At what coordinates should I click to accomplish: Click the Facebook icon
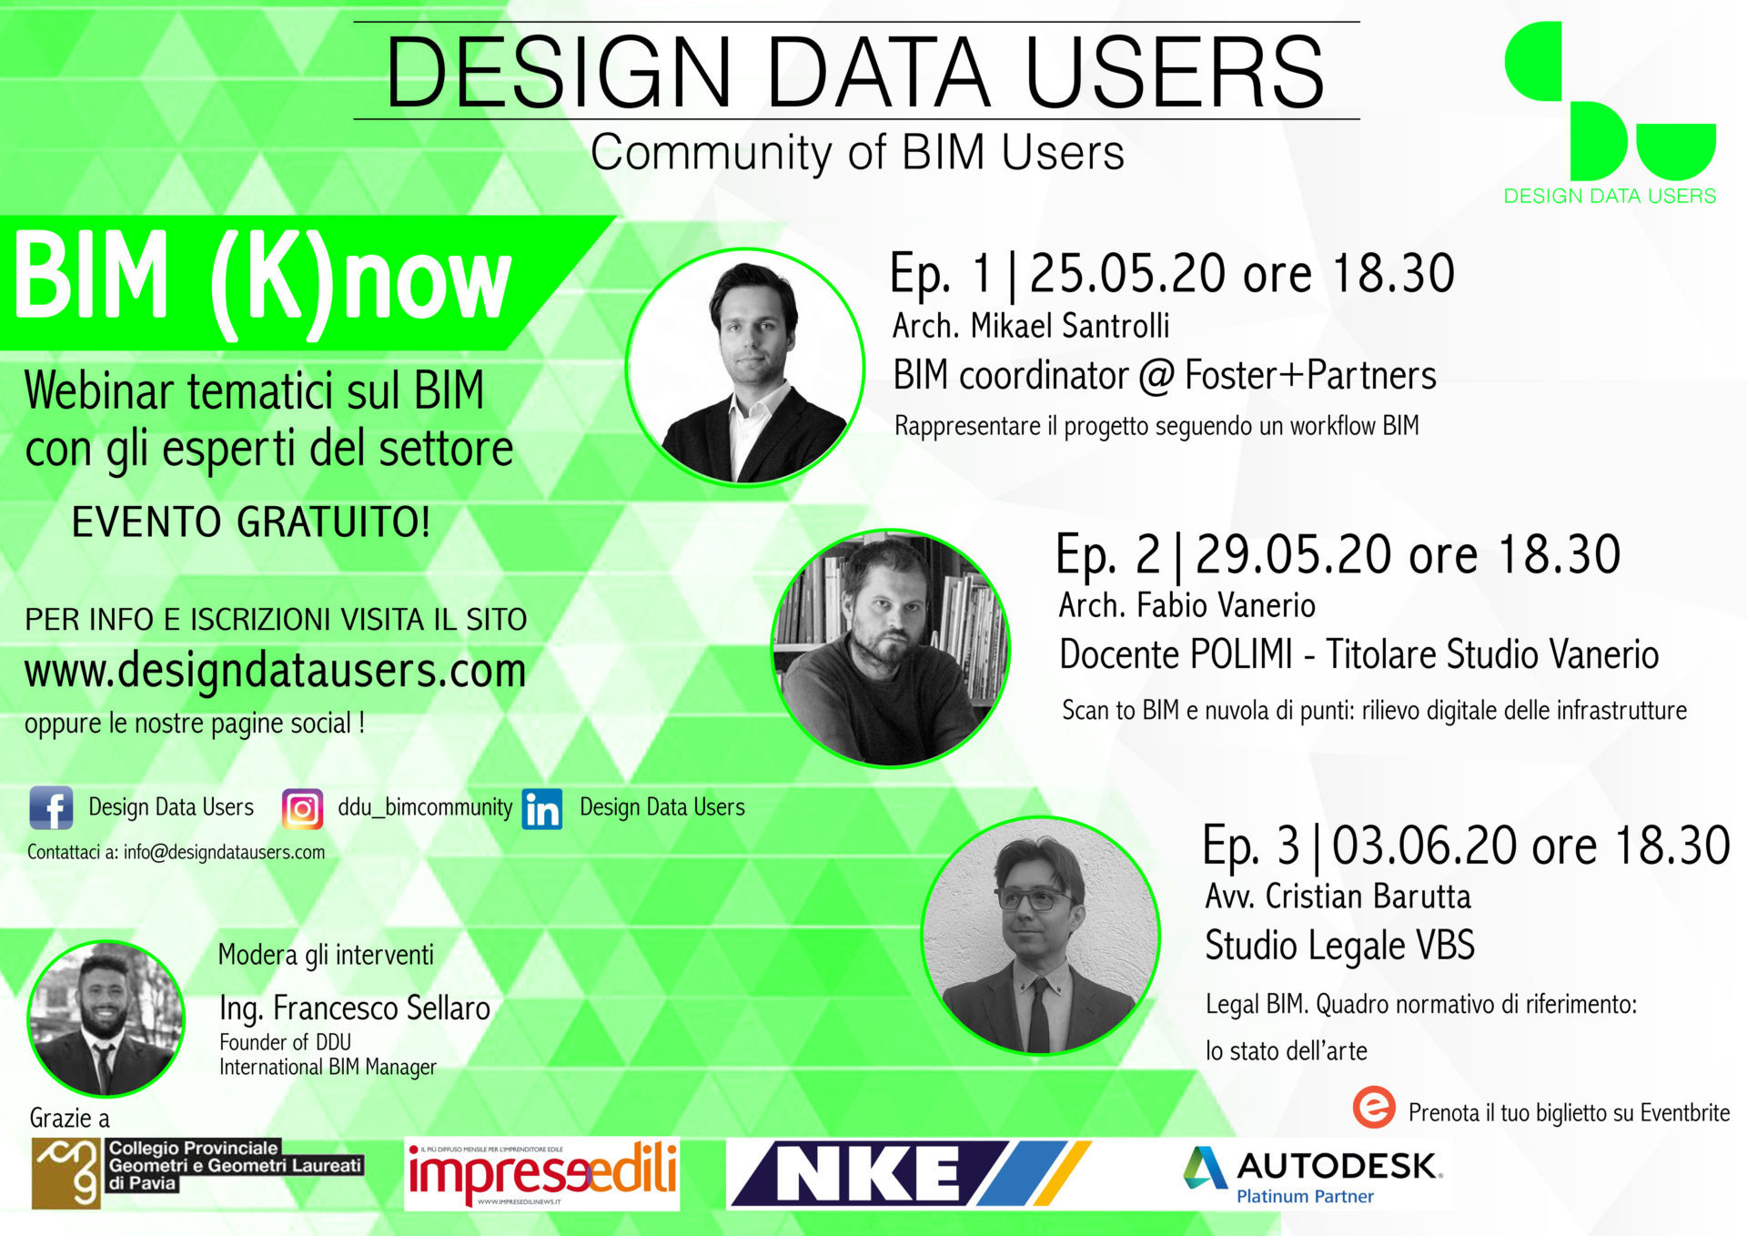click(x=51, y=808)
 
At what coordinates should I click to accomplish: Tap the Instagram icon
click(x=302, y=808)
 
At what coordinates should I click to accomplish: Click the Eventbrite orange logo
click(x=1374, y=1108)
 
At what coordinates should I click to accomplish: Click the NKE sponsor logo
click(x=911, y=1174)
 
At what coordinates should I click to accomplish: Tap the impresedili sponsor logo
click(x=542, y=1174)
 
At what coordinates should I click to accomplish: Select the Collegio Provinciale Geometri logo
click(x=198, y=1173)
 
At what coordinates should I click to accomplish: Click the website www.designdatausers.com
click(x=275, y=671)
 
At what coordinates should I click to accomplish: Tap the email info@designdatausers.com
click(x=224, y=853)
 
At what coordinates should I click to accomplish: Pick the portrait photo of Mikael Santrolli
click(x=745, y=367)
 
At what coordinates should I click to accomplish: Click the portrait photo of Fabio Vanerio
click(x=891, y=648)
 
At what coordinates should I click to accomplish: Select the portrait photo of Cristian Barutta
click(x=1041, y=936)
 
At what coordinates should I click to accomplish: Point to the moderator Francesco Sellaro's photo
click(x=106, y=1018)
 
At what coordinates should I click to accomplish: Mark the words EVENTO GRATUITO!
click(x=250, y=522)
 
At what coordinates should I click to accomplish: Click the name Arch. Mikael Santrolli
click(x=1031, y=326)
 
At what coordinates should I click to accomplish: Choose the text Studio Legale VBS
click(x=1339, y=945)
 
